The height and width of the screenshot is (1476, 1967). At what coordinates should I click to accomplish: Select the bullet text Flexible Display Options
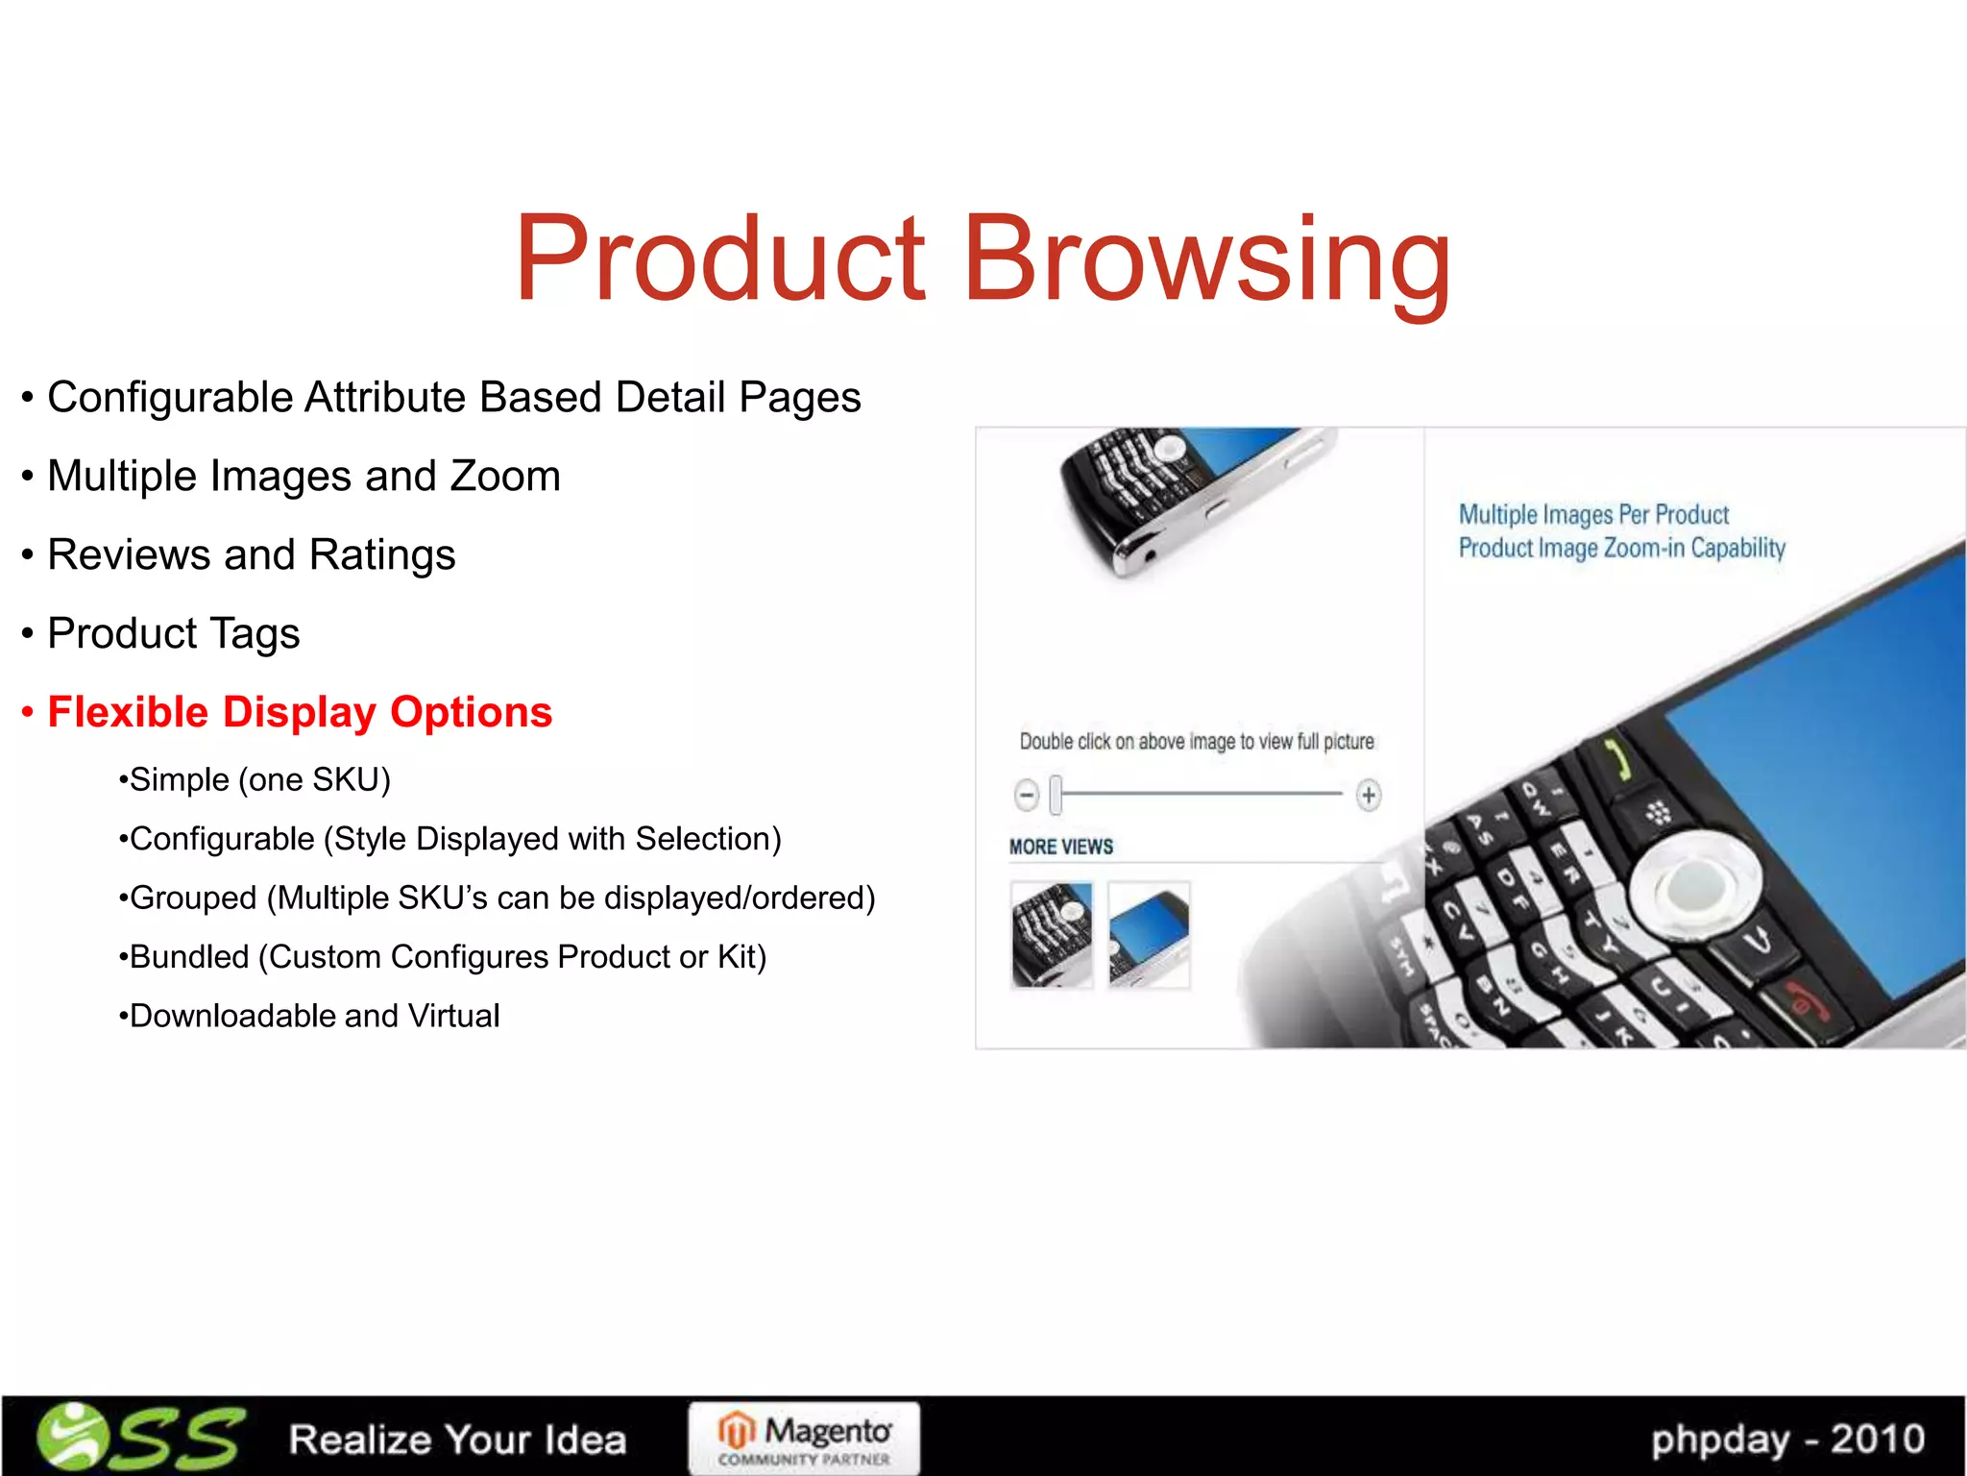pos(300,712)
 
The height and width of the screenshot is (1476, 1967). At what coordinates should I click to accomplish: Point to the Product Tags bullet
pos(174,633)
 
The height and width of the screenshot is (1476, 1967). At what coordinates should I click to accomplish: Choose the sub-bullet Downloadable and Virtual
pos(314,1016)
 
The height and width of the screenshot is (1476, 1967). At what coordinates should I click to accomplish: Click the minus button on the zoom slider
pos(1027,795)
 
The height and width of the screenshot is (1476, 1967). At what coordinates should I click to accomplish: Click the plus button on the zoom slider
pos(1369,795)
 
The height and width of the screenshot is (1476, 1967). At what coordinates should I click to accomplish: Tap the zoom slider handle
pos(1056,795)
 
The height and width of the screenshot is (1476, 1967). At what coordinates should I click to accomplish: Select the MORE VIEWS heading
pos(1061,847)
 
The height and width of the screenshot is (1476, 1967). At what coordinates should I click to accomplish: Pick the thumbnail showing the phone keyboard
pos(1052,934)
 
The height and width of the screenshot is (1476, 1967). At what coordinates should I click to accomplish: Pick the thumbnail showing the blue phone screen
pos(1149,934)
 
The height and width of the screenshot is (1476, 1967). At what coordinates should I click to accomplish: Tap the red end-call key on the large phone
pos(1796,1004)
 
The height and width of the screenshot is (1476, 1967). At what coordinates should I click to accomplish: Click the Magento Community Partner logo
pos(804,1438)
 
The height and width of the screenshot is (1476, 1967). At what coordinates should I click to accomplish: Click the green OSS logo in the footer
pos(139,1438)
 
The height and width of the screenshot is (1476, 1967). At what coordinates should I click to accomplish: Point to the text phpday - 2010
pos(1787,1439)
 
